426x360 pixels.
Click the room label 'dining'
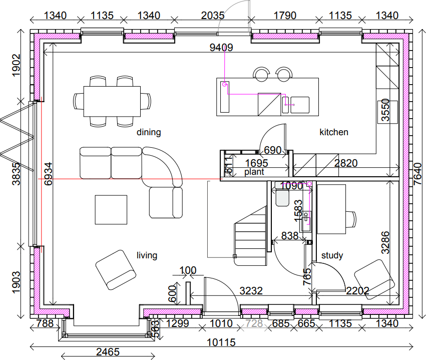point(149,133)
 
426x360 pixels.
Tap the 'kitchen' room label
point(334,133)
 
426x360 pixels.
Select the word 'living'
point(147,256)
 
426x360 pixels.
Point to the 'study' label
point(332,256)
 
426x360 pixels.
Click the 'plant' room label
point(254,172)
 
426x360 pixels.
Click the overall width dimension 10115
point(220,343)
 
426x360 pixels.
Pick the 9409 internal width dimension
point(221,48)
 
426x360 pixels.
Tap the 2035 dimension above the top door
point(213,16)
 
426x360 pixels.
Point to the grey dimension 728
point(254,324)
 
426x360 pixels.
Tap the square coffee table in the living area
point(111,210)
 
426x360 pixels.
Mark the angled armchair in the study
point(374,279)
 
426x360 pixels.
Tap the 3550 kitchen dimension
point(385,110)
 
